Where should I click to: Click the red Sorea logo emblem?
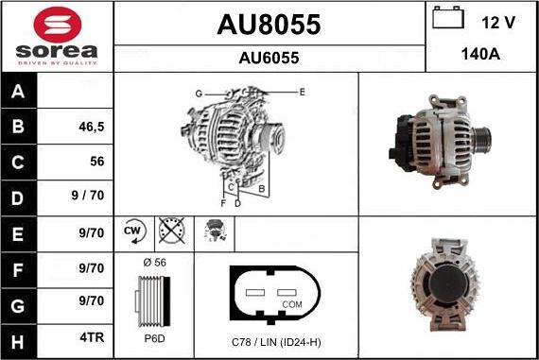coord(58,25)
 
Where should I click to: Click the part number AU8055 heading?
coord(269,25)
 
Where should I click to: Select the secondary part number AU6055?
coord(269,58)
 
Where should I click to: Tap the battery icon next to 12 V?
coord(448,18)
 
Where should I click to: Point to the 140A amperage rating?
coord(480,54)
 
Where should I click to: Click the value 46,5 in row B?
coord(92,127)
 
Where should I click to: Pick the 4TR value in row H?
coord(92,337)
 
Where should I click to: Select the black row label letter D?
coord(18,198)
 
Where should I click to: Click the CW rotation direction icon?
coord(134,231)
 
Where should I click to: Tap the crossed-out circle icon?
coord(171,231)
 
